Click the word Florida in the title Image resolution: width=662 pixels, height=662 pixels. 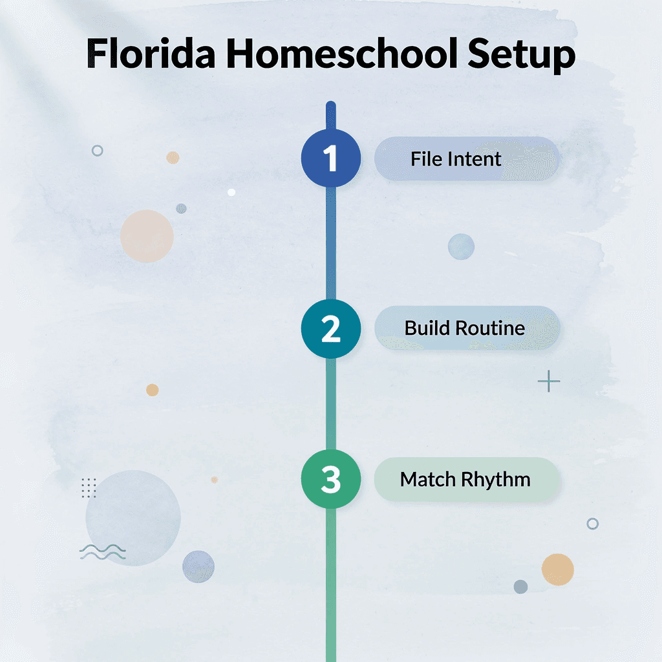click(151, 54)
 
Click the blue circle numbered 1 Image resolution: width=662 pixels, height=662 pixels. click(330, 158)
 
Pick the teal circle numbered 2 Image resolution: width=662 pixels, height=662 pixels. click(330, 328)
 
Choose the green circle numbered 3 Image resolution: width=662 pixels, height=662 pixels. click(330, 480)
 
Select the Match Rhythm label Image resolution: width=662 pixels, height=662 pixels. click(465, 480)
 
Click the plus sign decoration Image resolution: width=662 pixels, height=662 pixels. click(549, 382)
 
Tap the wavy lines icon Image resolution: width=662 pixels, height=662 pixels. click(103, 551)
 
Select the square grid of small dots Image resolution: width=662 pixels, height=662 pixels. click(89, 487)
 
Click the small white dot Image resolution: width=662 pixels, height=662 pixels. click(231, 192)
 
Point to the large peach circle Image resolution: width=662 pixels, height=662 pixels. click(147, 236)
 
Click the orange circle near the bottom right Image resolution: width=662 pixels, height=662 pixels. click(557, 570)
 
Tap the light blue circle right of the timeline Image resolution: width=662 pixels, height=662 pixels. click(461, 246)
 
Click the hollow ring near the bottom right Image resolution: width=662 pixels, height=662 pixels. click(592, 524)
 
